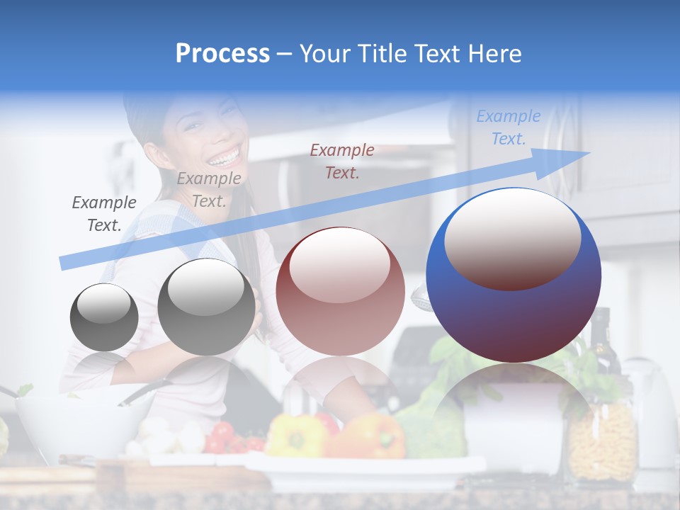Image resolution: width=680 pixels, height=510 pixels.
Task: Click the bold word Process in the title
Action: pos(222,54)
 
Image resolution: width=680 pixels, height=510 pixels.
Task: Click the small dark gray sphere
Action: pos(104,317)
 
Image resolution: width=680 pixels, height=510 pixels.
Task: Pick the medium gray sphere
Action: pos(206,307)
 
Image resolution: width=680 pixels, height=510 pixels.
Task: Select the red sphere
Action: pos(340,292)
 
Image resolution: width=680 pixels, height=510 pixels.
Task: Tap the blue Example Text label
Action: pos(509,127)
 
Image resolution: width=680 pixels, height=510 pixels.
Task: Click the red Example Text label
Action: pos(342,161)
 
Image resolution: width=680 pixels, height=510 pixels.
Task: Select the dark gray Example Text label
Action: pos(104,214)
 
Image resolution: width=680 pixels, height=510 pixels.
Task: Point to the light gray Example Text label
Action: pos(209,190)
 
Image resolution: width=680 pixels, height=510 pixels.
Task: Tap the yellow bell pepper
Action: pos(295,435)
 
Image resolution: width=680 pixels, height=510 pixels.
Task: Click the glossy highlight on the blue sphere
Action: pos(513,238)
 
